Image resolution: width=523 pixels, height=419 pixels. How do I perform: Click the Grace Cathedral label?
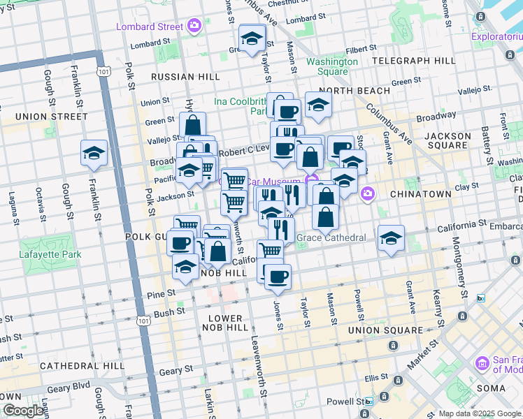point(331,237)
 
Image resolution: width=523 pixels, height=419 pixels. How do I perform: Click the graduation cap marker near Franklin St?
point(94,154)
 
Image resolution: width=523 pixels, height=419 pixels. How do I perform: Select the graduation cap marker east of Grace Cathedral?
point(392,239)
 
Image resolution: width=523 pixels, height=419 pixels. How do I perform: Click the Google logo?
point(22,411)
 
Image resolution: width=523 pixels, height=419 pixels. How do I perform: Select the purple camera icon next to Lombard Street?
point(194,27)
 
